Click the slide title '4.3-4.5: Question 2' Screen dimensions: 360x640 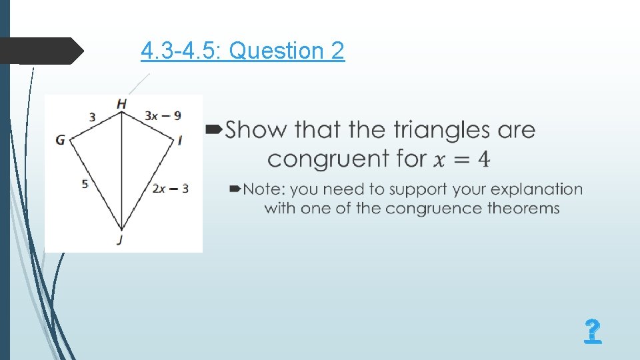pyautogui.click(x=243, y=51)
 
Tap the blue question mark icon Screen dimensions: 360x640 pyautogui.click(x=592, y=331)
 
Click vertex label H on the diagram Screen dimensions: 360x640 pyautogui.click(x=121, y=103)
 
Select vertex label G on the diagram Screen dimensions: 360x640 pyautogui.click(x=61, y=140)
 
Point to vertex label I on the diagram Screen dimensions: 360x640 pyautogui.click(x=180, y=140)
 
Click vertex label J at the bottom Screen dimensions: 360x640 pyautogui.click(x=119, y=240)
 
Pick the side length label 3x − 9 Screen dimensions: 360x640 pyautogui.click(x=163, y=115)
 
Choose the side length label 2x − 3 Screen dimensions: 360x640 pyautogui.click(x=170, y=189)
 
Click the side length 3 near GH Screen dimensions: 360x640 pyautogui.click(x=92, y=117)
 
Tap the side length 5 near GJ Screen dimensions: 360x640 pyautogui.click(x=85, y=183)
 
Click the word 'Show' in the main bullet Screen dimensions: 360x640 pyautogui.click(x=257, y=129)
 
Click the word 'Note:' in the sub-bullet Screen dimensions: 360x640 pyautogui.click(x=263, y=189)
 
